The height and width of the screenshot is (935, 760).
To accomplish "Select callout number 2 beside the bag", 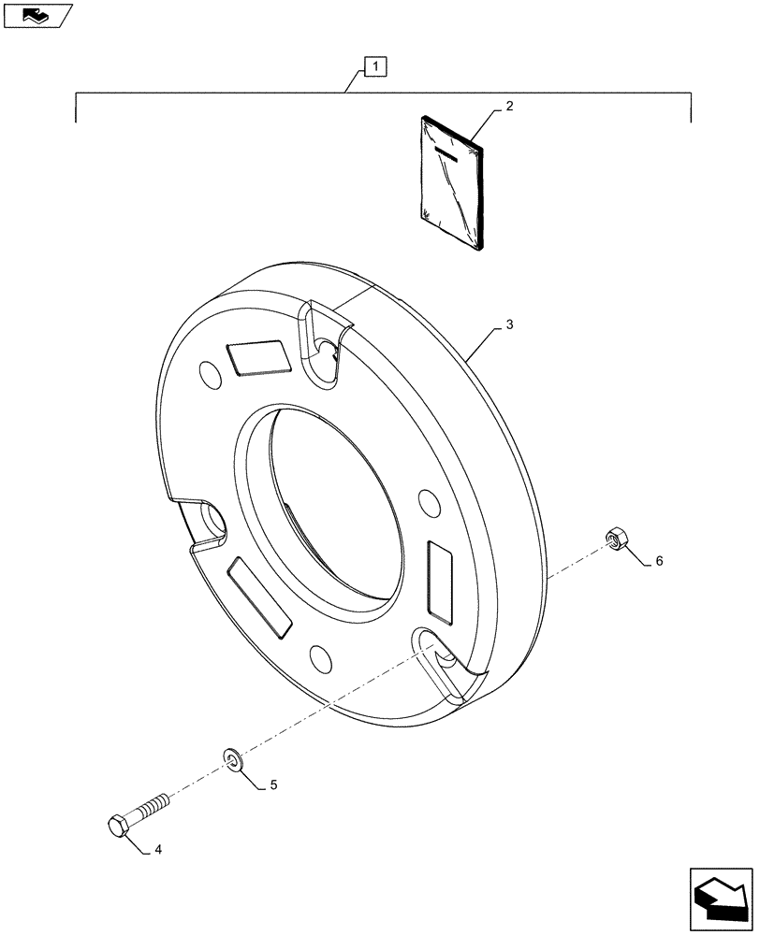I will coord(508,107).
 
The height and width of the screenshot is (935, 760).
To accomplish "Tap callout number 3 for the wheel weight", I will coord(508,324).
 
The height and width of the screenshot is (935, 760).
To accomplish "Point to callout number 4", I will coord(158,850).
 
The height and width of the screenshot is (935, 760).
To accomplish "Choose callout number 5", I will coord(273,785).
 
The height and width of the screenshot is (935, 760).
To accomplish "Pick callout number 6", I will coord(658,561).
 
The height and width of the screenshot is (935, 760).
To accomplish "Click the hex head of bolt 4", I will coord(119,827).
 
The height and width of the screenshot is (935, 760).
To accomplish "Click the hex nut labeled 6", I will coord(616,539).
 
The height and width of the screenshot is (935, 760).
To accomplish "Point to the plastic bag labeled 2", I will coord(452,182).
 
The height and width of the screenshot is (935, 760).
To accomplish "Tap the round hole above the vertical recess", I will coord(429,502).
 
